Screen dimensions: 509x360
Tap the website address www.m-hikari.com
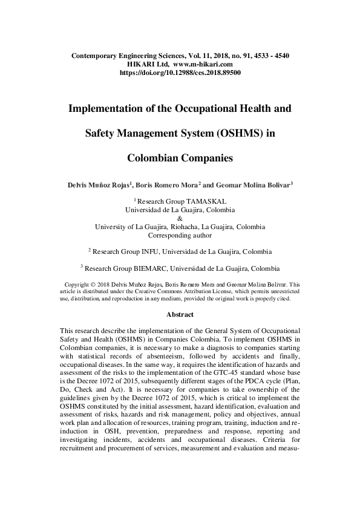click(x=203, y=63)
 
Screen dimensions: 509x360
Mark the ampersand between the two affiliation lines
click(x=180, y=218)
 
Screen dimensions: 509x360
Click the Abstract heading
click(x=180, y=315)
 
